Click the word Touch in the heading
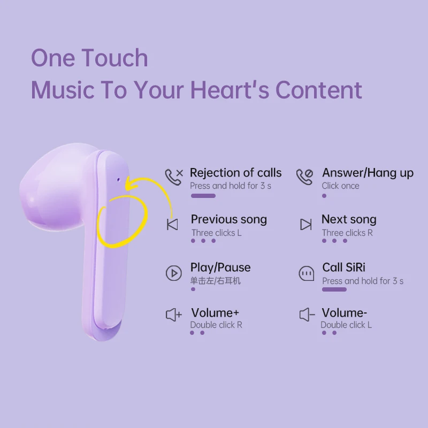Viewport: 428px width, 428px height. coord(114,58)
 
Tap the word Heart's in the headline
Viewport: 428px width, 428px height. coord(230,89)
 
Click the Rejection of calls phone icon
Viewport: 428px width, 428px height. coord(174,177)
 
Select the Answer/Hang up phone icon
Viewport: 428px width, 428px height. coord(304,177)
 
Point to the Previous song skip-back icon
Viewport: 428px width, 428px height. coord(172,224)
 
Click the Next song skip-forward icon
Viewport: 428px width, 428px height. coord(305,224)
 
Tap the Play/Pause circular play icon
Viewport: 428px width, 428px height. coord(173,273)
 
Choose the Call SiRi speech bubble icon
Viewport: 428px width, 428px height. coord(306,273)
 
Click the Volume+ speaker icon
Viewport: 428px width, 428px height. coord(173,315)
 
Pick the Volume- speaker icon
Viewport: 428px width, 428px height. coord(307,315)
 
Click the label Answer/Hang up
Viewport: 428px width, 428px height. coord(368,173)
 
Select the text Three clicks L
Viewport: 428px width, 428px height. coord(216,233)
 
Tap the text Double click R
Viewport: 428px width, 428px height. coord(216,325)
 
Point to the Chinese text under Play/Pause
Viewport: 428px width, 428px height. coord(216,280)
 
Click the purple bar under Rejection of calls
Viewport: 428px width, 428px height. coord(203,196)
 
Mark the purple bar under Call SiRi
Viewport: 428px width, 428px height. coord(334,289)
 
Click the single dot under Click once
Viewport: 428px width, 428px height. coord(324,196)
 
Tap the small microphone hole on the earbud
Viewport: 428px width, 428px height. coord(118,180)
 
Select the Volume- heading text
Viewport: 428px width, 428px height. coord(344,313)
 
